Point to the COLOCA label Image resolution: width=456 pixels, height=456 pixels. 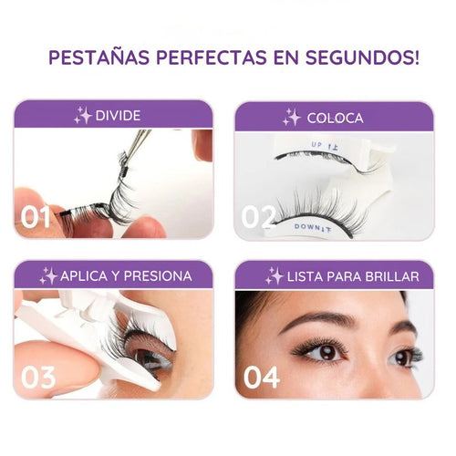pyautogui.click(x=335, y=118)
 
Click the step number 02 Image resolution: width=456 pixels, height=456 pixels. pyautogui.click(x=258, y=217)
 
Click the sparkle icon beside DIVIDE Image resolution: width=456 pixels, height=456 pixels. pyautogui.click(x=83, y=115)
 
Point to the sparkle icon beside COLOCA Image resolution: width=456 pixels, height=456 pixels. pyautogui.click(x=291, y=117)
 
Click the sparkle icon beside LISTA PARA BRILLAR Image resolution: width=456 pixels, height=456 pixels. pyautogui.click(x=274, y=275)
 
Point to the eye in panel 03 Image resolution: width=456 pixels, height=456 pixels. pyautogui.click(x=146, y=356)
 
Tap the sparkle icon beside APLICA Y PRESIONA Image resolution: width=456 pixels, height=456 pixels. pyautogui.click(x=48, y=275)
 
